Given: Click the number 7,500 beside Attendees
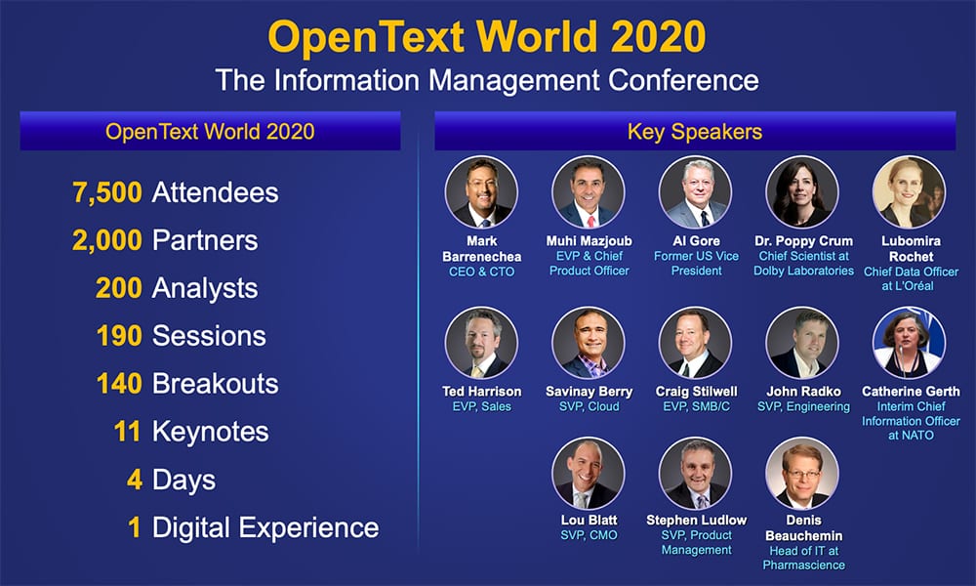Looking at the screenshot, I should coord(107,192).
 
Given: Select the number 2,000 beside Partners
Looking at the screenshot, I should coord(107,240).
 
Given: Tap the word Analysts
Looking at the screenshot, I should coord(205,288).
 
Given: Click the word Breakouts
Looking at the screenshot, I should coord(215,384).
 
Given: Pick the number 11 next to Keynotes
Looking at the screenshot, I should coord(128,432).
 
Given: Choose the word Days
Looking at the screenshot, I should coord(183,480).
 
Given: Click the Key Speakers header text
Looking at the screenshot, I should coord(695,131).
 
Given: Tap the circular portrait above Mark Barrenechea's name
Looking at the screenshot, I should coord(481,192).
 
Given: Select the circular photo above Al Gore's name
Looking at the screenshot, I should coord(695,192).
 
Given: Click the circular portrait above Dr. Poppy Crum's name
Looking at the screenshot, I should coord(802,192).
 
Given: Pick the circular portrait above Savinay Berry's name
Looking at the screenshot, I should coord(588,344).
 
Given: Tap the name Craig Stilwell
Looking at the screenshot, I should coord(695,391).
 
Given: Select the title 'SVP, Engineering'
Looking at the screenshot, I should coord(803,406).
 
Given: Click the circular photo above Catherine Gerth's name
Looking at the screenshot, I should coord(909,344).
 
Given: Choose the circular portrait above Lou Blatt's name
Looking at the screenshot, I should coord(588,473).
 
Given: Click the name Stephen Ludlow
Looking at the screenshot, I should coord(695,520).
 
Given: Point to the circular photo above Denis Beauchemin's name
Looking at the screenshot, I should coord(801,473).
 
